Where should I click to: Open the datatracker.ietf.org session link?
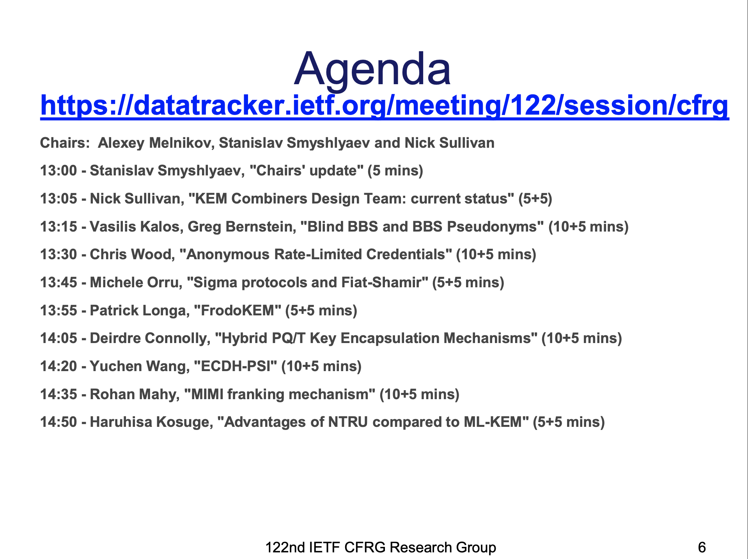pos(385,105)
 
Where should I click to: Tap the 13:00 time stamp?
pos(58,171)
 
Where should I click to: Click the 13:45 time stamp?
pos(58,283)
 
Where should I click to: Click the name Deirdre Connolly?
pos(149,338)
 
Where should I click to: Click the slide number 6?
pos(702,548)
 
